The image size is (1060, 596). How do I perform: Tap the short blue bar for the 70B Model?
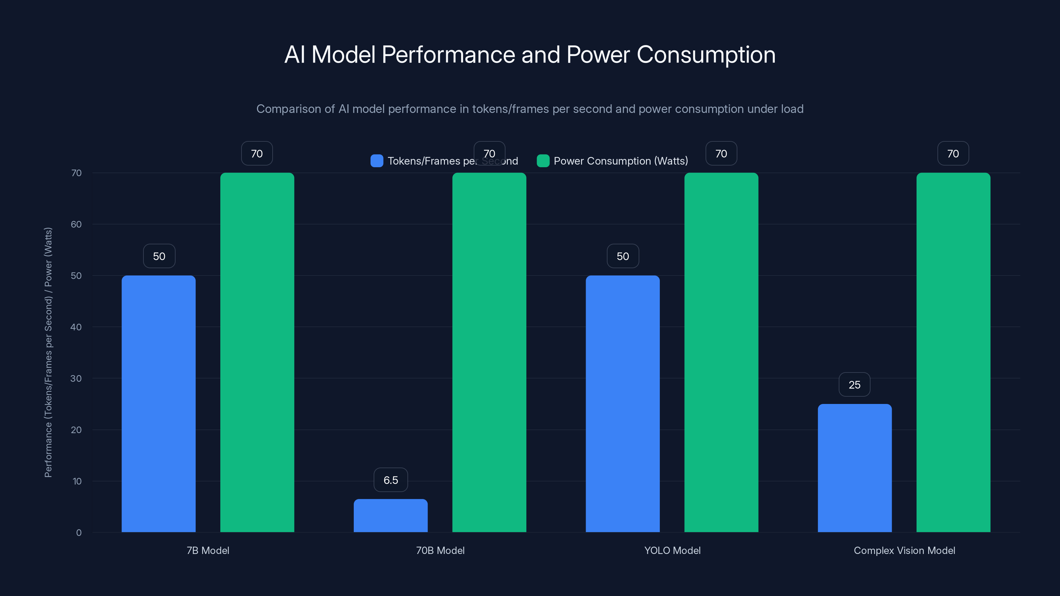(x=391, y=516)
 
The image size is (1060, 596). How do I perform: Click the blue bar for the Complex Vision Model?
(x=854, y=468)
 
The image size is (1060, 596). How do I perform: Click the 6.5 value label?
(x=391, y=480)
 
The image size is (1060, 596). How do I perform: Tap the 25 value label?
(x=854, y=384)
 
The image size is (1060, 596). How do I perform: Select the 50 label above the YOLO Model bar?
(x=623, y=256)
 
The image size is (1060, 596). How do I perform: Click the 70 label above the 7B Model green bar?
(x=257, y=153)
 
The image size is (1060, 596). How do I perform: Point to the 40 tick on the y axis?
(x=76, y=327)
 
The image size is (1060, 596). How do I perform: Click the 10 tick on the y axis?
(x=77, y=481)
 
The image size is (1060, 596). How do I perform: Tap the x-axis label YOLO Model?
(x=672, y=550)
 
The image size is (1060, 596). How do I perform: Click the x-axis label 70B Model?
(x=440, y=550)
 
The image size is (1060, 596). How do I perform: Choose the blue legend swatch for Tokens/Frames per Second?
(x=377, y=161)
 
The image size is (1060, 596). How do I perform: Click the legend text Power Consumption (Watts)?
(x=620, y=161)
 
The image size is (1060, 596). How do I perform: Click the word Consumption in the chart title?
(x=706, y=55)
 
